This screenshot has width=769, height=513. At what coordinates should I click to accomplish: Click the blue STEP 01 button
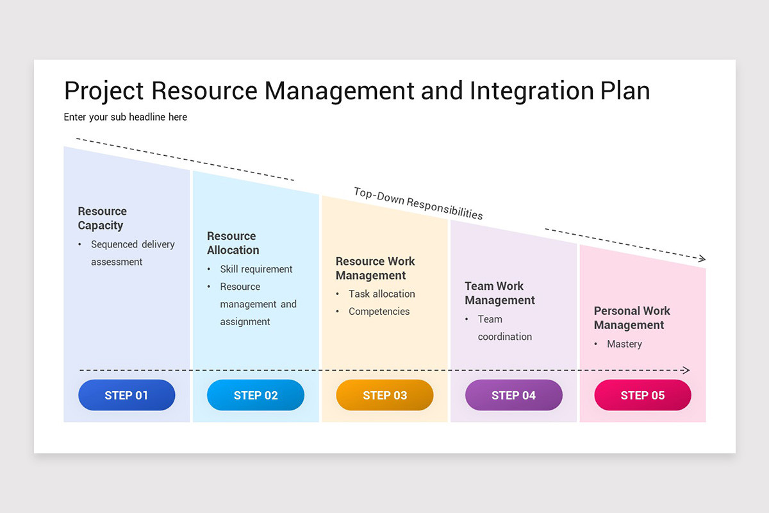coord(126,395)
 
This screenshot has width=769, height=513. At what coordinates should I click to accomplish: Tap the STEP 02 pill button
coord(256,395)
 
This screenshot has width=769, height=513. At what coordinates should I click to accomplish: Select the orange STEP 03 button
coord(384,395)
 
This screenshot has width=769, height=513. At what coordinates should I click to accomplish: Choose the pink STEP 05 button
coord(643,395)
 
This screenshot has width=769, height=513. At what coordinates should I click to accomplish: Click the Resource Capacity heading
coord(102,218)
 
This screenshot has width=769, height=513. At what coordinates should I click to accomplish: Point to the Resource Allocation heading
coord(233,243)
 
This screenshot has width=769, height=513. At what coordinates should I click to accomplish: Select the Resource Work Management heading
coord(375,268)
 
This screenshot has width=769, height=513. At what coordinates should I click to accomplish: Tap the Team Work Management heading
coord(500,293)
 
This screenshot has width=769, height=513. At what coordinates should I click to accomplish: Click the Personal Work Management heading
coord(632,317)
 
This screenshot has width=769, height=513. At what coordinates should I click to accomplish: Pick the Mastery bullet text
coord(624,344)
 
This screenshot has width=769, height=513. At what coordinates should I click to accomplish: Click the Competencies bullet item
coord(379,312)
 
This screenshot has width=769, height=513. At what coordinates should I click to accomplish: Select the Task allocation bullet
coord(381,294)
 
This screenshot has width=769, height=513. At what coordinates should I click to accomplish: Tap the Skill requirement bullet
coord(256,269)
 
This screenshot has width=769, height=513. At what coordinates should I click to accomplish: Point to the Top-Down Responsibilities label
coord(418,203)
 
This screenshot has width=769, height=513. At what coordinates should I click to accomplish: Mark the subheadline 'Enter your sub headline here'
coord(125,117)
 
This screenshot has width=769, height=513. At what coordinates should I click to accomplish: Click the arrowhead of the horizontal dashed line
coord(686,370)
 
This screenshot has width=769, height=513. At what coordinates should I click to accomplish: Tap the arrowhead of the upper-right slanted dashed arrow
coord(702,258)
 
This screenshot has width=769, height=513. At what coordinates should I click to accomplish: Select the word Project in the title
coord(104,90)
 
